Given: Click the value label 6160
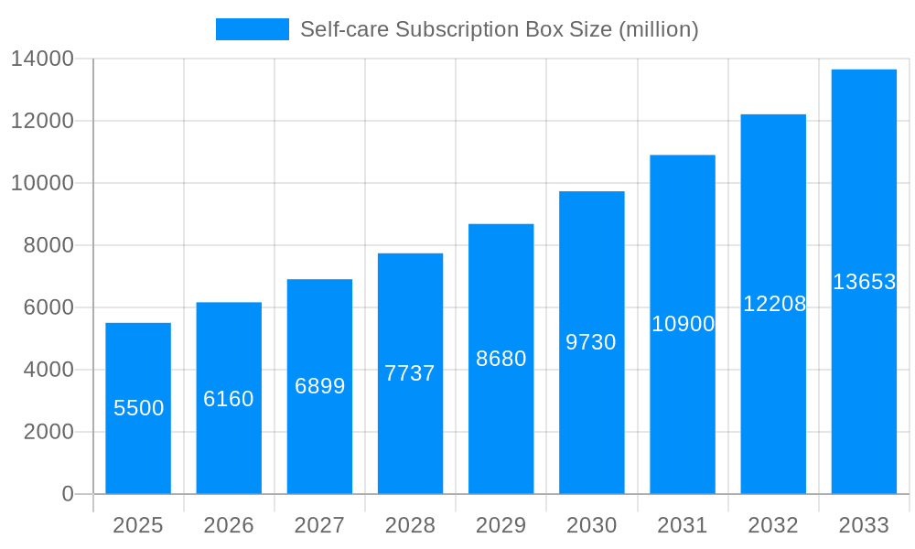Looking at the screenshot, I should click(229, 399).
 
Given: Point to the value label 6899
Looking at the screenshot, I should click(319, 386).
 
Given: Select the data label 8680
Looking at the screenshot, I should click(501, 359).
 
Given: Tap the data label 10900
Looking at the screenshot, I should click(683, 324).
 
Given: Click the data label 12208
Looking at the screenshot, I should click(774, 304).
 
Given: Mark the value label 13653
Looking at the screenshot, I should click(864, 282).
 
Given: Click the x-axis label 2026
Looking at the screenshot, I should click(229, 525).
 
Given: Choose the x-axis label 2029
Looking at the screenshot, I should click(501, 525).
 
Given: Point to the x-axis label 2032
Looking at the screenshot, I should click(773, 525).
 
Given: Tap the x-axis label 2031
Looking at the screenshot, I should click(683, 525).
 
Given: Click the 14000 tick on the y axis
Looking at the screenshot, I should click(42, 59).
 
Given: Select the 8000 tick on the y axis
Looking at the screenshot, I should click(48, 245).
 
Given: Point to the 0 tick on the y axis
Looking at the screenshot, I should click(68, 494).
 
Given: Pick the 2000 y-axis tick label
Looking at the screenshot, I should click(48, 432).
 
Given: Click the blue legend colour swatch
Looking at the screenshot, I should click(252, 29).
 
